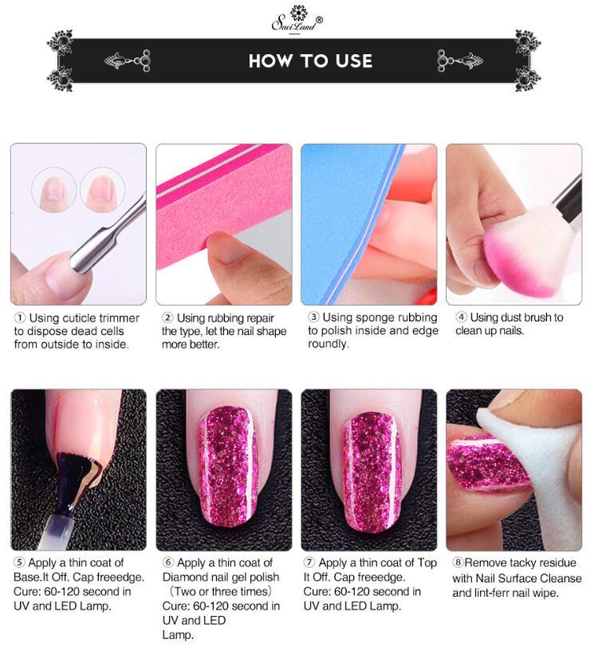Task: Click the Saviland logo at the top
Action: tap(297, 18)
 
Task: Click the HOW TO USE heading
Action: tap(310, 61)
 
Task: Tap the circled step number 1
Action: tap(19, 318)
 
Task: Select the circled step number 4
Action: tap(461, 318)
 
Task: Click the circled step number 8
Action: tap(458, 563)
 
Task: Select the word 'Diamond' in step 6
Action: tap(183, 578)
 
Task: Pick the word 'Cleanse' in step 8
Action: tap(560, 578)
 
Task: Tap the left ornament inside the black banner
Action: tap(128, 60)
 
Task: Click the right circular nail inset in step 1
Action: tap(103, 189)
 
